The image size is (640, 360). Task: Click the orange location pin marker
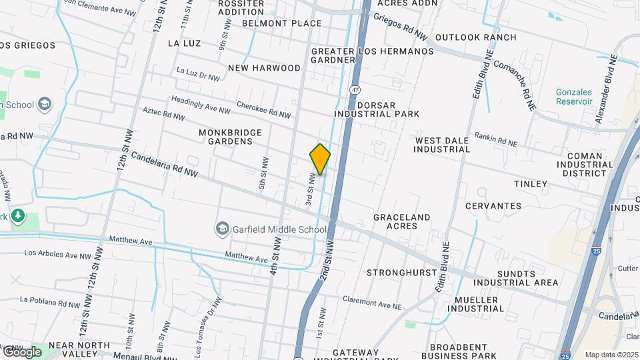pos(320,159)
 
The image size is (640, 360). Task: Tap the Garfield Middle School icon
pos(222,229)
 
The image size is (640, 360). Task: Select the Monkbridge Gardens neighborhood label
pos(231,137)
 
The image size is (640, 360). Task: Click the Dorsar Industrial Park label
pos(377,109)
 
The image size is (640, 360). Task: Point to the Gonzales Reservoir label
pos(574,97)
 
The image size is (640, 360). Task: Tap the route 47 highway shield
pos(353,89)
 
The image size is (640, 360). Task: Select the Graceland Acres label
pos(401,221)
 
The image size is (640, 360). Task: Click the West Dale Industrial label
pos(442,145)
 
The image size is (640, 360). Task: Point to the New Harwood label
pos(265,68)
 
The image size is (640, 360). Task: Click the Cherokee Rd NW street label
pos(264,110)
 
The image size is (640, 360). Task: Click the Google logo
pos(22,351)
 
